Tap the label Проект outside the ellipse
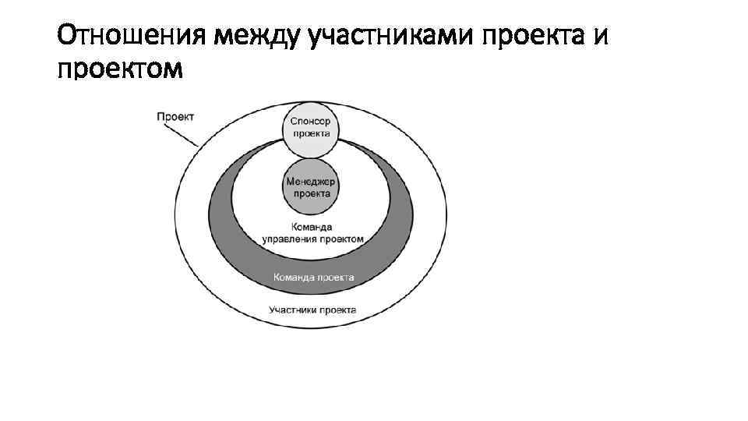click(175, 116)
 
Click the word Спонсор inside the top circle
click(311, 121)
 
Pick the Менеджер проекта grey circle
click(311, 186)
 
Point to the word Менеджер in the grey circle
click(311, 180)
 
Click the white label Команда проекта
click(314, 278)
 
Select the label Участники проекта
click(312, 310)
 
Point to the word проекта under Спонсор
click(311, 133)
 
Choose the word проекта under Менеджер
click(311, 193)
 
